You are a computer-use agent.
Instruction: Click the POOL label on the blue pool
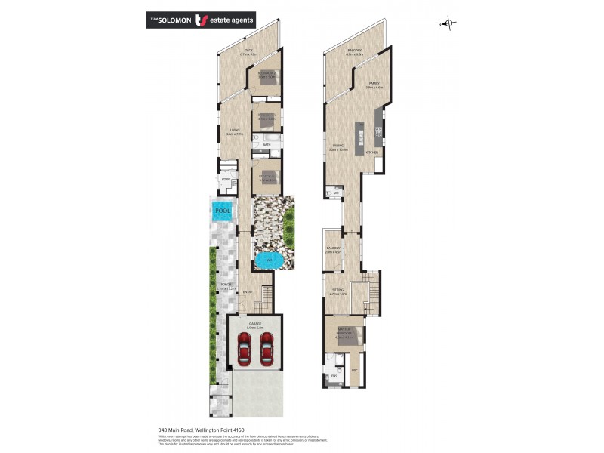point(223,211)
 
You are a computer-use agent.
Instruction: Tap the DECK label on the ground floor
point(248,51)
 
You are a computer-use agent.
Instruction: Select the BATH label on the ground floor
point(267,143)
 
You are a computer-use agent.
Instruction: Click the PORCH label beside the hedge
point(226,285)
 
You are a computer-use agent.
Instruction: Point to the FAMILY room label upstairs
point(373,83)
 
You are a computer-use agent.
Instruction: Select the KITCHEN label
point(371,153)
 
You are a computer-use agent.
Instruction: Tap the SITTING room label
point(337,289)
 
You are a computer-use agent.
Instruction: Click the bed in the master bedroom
point(335,332)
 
